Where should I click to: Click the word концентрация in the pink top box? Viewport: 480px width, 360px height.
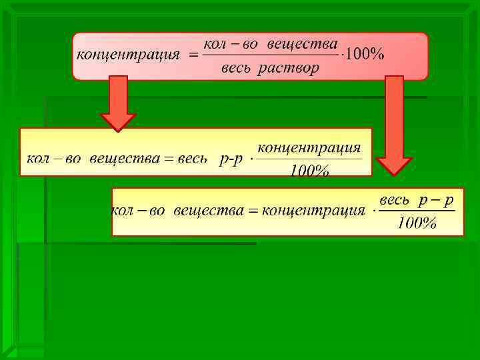128,55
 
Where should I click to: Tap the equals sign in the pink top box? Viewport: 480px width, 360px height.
193,56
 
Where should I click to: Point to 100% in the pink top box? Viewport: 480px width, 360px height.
364,55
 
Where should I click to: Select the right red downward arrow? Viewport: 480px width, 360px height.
394,123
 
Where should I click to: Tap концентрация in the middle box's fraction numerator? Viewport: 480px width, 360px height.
309,147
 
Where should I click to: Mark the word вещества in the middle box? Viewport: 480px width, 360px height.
124,159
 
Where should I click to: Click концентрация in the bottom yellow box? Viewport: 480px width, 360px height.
313,211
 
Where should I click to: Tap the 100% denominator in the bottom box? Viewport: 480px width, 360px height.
417,223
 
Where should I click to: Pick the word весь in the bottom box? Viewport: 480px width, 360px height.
394,200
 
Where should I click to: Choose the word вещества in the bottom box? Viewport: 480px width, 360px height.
207,211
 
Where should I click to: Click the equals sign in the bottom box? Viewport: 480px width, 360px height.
253,211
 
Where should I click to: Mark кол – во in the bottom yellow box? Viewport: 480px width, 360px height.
137,211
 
